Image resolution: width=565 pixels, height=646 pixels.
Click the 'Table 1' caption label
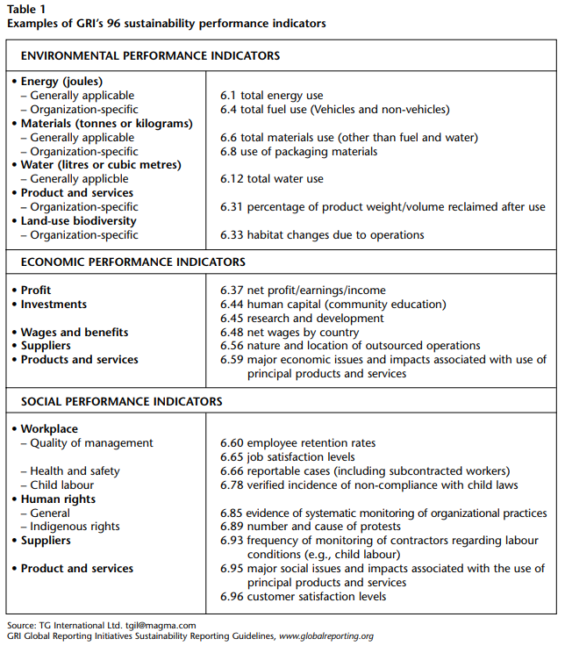tap(29, 10)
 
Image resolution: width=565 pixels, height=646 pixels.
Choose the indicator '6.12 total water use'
tap(272, 179)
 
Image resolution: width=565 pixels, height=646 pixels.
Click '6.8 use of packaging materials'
tap(298, 151)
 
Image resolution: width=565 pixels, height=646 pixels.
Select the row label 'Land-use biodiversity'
tap(78, 221)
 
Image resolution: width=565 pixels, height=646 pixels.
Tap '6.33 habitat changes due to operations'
tap(322, 234)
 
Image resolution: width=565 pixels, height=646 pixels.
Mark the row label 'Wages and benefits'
tap(75, 332)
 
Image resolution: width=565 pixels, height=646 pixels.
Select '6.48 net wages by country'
tap(290, 332)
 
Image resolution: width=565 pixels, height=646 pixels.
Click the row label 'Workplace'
tap(48, 429)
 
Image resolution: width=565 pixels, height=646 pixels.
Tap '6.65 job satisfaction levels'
tap(287, 457)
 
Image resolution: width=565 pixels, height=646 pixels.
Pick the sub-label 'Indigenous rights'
tap(75, 527)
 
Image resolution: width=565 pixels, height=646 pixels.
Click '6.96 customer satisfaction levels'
tap(303, 597)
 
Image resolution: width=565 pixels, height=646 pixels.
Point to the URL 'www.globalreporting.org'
tap(325, 636)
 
